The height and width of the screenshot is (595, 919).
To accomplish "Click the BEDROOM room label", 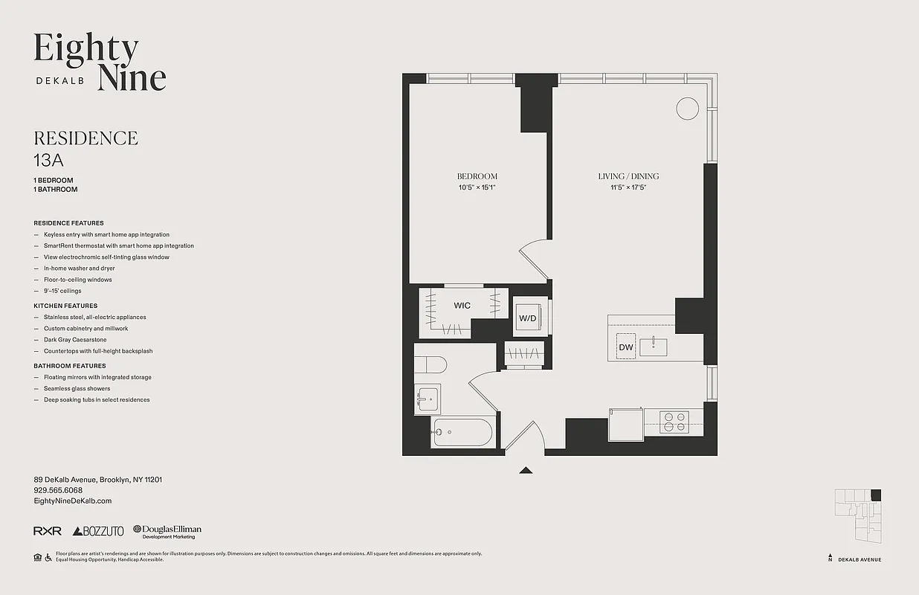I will coord(477,176).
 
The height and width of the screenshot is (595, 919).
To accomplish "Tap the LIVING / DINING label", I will coord(628,176).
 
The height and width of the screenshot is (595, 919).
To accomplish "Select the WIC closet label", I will coord(462,306).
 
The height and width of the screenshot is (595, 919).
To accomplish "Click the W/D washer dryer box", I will coord(527,318).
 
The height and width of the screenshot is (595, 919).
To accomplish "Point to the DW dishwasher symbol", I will coord(625,347).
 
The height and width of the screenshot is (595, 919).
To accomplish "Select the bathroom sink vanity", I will coord(428,399).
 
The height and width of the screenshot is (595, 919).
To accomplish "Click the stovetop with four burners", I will coord(674,422).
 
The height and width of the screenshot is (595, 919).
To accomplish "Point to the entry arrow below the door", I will coord(526,470).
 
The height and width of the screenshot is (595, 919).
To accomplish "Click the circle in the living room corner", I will coord(687,109).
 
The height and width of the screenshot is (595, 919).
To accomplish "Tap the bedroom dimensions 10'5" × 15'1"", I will coord(477,187).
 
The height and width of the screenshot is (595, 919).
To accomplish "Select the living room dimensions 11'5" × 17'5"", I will coord(628,187).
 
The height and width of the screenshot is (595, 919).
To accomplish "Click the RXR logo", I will coord(48,531).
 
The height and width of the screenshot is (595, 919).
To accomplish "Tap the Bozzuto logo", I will coord(98,531).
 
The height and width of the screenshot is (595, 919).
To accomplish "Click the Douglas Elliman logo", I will coord(167,531).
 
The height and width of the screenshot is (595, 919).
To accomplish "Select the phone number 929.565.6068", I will coord(58,490).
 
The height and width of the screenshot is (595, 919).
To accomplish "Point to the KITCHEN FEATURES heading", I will coord(65,306).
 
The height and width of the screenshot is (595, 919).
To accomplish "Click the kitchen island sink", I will coord(654,346).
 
